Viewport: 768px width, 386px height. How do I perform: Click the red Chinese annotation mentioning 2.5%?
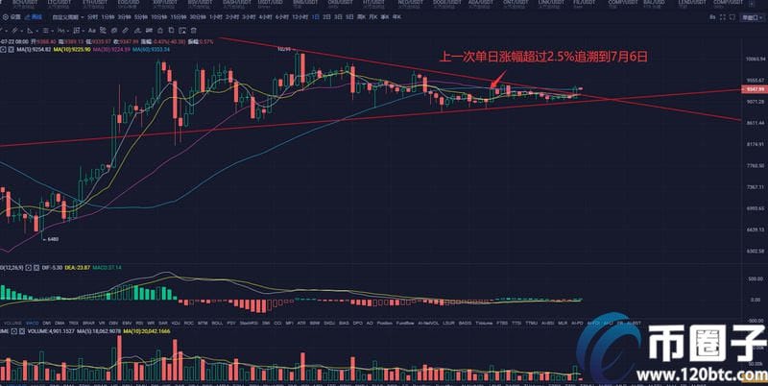[543, 57]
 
